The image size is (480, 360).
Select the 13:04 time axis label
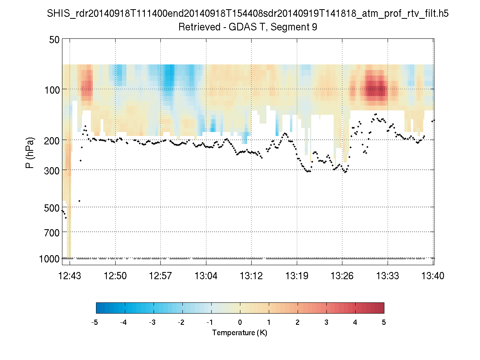206,276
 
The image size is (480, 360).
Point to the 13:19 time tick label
297,276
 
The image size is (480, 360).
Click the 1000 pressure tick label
50,259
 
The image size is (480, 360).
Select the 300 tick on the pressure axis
52,170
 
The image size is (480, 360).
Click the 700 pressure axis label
52,232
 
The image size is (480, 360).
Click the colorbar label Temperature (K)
240,333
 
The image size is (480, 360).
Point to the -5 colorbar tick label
95,322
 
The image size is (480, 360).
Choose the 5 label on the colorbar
384,322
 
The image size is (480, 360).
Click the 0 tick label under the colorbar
240,322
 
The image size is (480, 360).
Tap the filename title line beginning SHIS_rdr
248,14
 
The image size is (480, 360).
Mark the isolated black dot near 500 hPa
79,201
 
